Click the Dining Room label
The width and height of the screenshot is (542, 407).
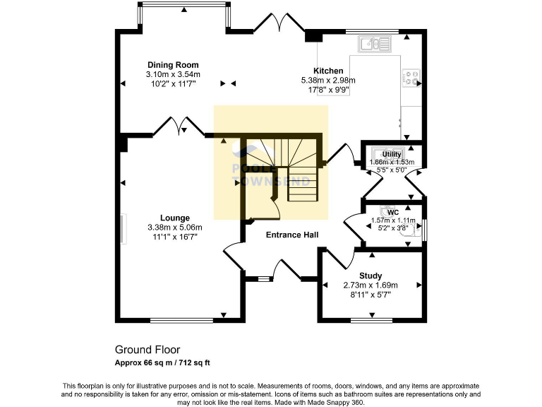coord(173,64)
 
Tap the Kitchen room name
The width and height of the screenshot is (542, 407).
coord(328,71)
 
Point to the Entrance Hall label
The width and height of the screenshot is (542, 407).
coord(291,235)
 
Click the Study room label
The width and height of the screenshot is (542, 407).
coord(371,276)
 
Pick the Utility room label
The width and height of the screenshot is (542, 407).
coord(392,154)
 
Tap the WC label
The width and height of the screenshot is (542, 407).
coord(393,211)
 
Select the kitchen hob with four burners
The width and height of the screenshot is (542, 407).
coord(411,76)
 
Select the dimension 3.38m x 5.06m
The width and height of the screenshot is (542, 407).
coord(174,228)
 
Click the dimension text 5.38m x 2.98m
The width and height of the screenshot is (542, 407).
coord(328,81)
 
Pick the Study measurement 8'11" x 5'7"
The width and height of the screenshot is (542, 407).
coord(371,295)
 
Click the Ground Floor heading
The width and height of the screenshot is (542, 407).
coord(147,350)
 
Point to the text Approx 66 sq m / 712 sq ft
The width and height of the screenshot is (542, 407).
coord(163,362)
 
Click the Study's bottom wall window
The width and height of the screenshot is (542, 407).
coord(372,321)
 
